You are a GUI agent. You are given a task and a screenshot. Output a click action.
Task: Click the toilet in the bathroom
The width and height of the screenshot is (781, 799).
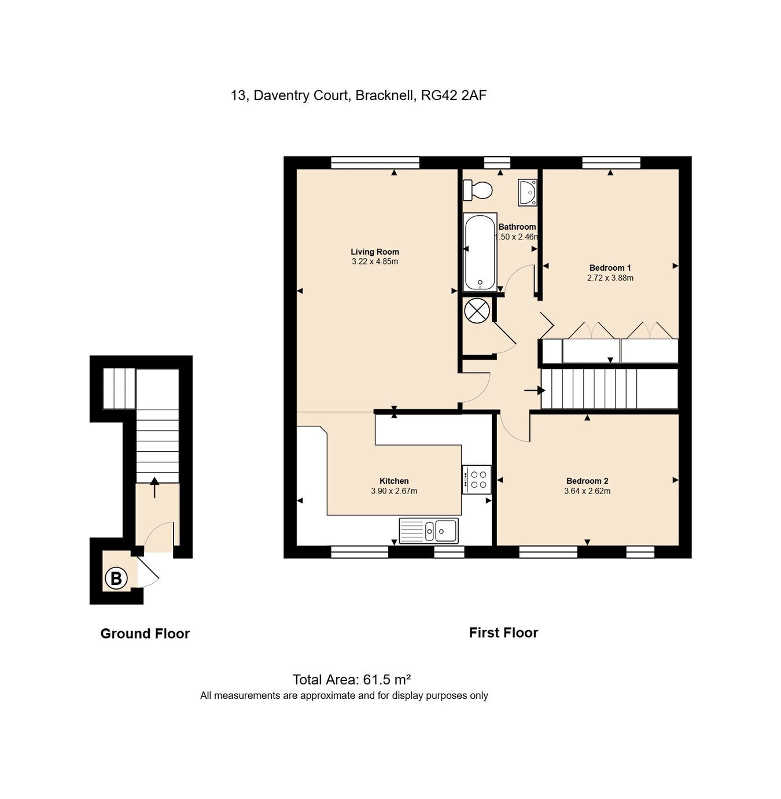(x=477, y=190)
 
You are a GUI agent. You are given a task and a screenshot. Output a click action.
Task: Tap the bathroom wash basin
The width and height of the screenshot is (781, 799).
(x=527, y=192)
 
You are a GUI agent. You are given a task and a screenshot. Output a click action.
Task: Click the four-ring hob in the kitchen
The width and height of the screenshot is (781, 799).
(x=477, y=480)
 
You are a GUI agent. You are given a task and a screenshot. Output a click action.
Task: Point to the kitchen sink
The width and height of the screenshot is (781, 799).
(x=429, y=531)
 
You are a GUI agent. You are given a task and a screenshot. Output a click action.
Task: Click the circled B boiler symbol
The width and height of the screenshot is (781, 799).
(x=116, y=579)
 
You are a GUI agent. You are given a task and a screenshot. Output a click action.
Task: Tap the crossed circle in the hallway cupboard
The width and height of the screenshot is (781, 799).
(x=476, y=311)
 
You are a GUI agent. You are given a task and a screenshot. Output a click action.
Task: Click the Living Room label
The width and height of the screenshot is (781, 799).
(x=375, y=252)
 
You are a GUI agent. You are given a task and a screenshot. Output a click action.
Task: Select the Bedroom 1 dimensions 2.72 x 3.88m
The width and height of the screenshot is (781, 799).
(x=610, y=278)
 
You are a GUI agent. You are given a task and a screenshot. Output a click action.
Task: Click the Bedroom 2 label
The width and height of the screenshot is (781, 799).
(x=587, y=481)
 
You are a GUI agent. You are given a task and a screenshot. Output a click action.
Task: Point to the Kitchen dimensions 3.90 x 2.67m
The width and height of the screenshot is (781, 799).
(x=394, y=491)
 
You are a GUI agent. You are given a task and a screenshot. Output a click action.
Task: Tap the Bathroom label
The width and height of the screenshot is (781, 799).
(x=517, y=227)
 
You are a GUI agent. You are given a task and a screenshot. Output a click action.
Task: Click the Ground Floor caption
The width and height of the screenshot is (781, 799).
(x=145, y=634)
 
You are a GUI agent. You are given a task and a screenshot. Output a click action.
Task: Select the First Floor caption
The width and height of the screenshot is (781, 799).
(x=503, y=633)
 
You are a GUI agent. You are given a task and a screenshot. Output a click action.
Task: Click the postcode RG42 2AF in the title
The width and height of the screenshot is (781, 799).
(x=454, y=95)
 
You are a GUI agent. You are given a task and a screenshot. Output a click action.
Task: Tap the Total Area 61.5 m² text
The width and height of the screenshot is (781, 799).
(x=352, y=680)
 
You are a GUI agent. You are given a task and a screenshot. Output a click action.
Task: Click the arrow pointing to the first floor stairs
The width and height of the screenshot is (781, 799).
(x=535, y=391)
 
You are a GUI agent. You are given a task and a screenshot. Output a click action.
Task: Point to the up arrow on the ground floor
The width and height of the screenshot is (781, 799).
(x=154, y=488)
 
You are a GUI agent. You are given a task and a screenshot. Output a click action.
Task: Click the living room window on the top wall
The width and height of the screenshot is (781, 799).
(x=375, y=163)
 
